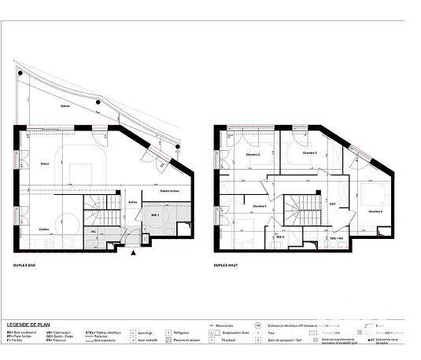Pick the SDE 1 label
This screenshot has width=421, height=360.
(x=154, y=215)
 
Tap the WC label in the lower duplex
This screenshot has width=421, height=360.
(x=94, y=233)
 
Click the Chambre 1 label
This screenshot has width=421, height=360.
(x=259, y=207)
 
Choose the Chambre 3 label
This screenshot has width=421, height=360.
(x=308, y=153)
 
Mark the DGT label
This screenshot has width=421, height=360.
(x=333, y=204)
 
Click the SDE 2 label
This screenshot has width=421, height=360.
(x=279, y=236)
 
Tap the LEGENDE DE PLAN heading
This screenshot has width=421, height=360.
(x=29, y=324)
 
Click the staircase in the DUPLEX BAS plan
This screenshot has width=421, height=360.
(x=96, y=211)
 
